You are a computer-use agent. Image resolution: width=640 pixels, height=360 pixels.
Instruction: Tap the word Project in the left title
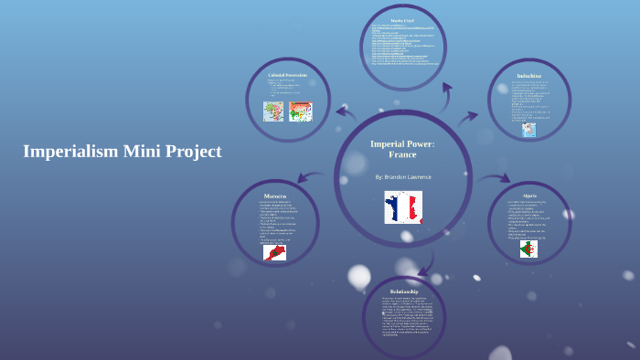point(190,152)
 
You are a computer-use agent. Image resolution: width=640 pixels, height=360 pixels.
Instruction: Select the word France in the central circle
point(402,154)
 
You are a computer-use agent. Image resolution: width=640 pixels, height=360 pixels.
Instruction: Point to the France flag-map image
point(402,207)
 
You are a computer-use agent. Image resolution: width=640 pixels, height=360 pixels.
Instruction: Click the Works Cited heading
point(403,21)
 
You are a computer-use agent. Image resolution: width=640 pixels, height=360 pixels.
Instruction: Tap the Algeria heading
point(529,196)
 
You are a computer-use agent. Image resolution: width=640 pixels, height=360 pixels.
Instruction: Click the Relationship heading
point(403,291)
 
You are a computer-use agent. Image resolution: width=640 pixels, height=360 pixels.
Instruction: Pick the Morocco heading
point(274,196)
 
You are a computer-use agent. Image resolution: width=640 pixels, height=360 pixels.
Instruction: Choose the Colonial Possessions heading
point(287,74)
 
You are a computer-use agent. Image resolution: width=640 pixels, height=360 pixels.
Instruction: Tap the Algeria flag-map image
point(528,249)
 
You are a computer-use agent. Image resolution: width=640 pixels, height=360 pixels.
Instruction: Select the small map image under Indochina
point(528,130)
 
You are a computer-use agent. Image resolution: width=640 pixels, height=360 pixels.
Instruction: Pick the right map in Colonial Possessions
point(300,111)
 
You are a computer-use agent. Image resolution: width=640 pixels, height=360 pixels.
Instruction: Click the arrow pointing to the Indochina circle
point(468,117)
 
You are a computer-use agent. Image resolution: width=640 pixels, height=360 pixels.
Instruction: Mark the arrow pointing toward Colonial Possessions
point(346,112)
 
